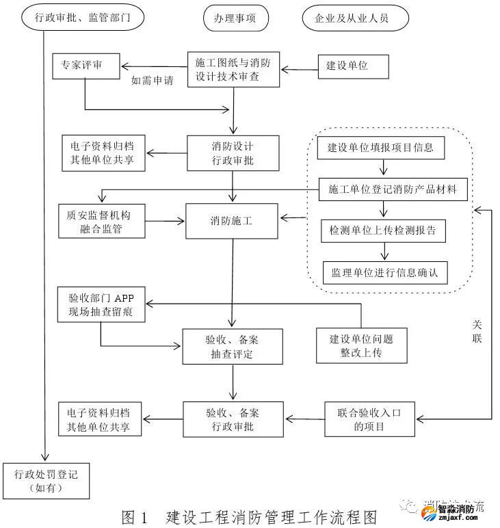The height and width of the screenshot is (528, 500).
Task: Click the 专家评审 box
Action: (x=85, y=66)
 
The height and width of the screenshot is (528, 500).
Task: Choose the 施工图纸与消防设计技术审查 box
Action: (x=233, y=70)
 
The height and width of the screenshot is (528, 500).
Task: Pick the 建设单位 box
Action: (x=348, y=66)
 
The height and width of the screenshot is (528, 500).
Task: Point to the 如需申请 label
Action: (x=152, y=80)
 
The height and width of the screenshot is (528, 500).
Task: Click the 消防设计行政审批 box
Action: (x=233, y=153)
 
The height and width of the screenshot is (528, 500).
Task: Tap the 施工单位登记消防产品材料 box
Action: (x=393, y=188)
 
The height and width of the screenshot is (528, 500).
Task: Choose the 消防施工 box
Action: (x=232, y=221)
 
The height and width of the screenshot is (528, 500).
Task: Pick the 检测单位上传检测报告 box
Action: (x=383, y=230)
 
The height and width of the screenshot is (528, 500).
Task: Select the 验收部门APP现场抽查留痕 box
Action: (x=101, y=304)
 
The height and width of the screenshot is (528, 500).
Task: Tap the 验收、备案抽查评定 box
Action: (x=232, y=346)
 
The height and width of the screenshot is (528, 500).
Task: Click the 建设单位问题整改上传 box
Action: (x=360, y=345)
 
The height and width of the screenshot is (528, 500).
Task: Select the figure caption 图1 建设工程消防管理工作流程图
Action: (x=249, y=515)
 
